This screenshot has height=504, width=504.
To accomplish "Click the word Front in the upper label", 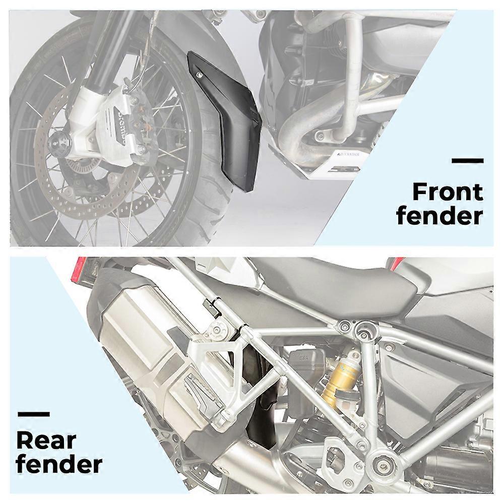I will (448, 192).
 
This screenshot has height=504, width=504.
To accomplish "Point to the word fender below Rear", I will (59, 464).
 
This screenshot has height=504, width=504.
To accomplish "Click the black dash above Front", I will (467, 161).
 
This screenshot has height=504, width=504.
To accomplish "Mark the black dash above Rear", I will (34, 414).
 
